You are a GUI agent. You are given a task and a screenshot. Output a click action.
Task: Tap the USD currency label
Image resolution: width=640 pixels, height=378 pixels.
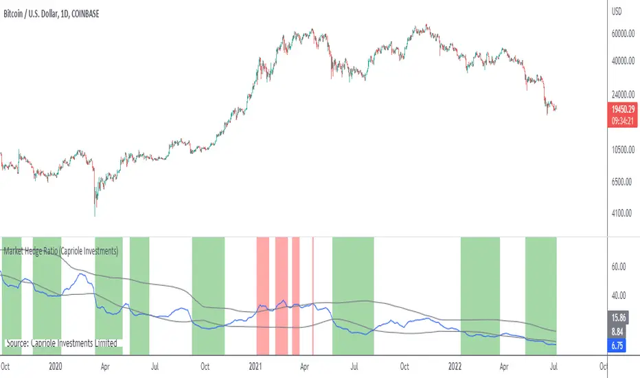(617, 11)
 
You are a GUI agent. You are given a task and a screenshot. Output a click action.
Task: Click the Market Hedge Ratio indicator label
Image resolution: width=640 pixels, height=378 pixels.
(62, 252)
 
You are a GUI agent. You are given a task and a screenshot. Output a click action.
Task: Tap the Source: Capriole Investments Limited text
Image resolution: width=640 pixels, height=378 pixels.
(61, 343)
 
